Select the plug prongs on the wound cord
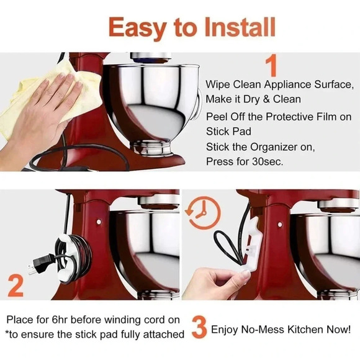pyautogui.click(x=32, y=264)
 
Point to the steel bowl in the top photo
pyautogui.click(x=149, y=106)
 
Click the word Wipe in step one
pyautogui.click(x=218, y=83)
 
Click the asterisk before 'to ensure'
pyautogui.click(x=6, y=335)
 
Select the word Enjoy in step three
pyautogui.click(x=226, y=329)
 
